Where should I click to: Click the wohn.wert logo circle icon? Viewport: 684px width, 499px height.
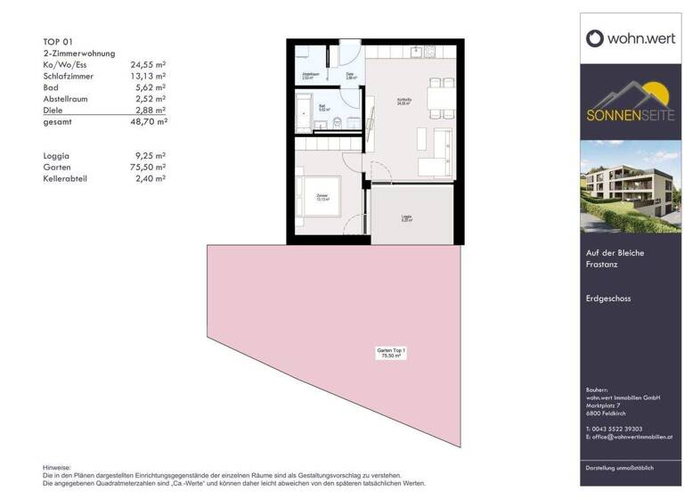click(x=595, y=37)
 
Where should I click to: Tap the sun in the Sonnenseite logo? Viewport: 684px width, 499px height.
click(x=659, y=92)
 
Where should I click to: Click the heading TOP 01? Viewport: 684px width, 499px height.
click(x=59, y=42)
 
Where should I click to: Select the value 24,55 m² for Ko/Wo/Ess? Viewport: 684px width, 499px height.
click(x=149, y=65)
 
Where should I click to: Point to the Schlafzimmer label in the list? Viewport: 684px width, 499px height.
click(x=73, y=77)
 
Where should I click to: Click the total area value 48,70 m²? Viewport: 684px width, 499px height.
click(x=149, y=120)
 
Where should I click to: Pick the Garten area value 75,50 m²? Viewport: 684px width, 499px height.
click(x=149, y=167)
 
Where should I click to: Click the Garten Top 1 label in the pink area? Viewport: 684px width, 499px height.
click(x=391, y=353)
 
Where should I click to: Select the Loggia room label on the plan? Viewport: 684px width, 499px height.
click(x=405, y=216)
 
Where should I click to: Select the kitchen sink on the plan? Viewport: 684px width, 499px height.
click(x=417, y=52)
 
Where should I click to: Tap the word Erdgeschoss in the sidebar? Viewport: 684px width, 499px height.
click(x=607, y=299)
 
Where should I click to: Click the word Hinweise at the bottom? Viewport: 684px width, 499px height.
click(x=56, y=468)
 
